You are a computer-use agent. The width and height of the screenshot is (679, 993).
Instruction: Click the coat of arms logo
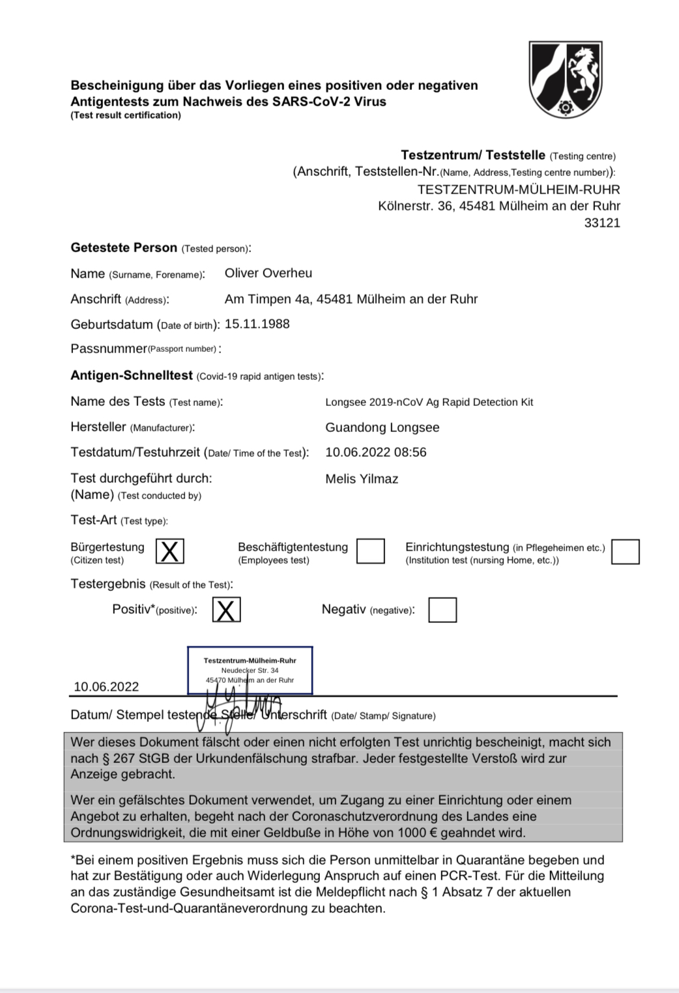pos(565,79)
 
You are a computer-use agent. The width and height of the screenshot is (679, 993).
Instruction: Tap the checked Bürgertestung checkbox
pos(169,551)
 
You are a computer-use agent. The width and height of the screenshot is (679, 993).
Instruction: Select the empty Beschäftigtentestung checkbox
pos(371,551)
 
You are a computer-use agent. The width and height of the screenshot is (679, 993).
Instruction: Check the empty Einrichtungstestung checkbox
pos(626,551)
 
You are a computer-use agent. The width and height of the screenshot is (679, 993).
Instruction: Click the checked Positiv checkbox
pos(226,610)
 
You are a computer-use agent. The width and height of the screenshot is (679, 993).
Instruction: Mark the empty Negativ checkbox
pos(442,610)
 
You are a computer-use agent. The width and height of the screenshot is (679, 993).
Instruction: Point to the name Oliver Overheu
pos(268,273)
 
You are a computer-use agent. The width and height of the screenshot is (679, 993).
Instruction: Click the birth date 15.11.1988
pos(257,324)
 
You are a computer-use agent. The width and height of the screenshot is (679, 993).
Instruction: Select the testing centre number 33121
pos(601,223)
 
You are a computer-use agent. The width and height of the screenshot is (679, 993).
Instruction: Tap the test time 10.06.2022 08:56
pos(375,452)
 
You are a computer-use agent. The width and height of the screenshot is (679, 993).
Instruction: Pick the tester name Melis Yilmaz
pos(362,479)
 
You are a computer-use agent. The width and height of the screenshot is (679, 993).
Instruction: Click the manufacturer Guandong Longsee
pos(382,427)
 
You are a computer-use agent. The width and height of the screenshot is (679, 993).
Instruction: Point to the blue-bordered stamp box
pos(250,670)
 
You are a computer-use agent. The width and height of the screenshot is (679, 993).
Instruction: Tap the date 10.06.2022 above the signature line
pos(106,687)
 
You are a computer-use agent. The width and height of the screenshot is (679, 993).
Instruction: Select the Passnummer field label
pos(109,349)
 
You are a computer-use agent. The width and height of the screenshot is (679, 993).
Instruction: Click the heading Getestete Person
pos(124,248)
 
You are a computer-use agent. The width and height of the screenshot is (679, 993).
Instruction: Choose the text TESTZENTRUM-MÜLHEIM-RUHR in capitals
pos(518,190)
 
